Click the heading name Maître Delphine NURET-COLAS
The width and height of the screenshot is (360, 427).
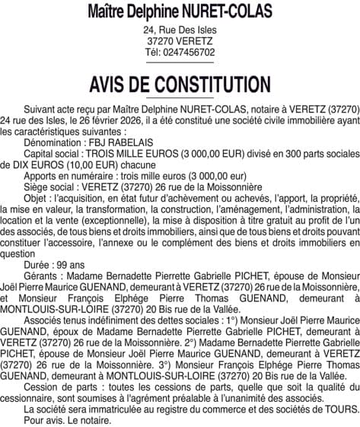point(180,12)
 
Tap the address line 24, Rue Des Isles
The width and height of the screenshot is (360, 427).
point(180,30)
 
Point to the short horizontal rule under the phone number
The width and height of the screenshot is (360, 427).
point(180,62)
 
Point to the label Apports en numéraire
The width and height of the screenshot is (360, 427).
point(69,175)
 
